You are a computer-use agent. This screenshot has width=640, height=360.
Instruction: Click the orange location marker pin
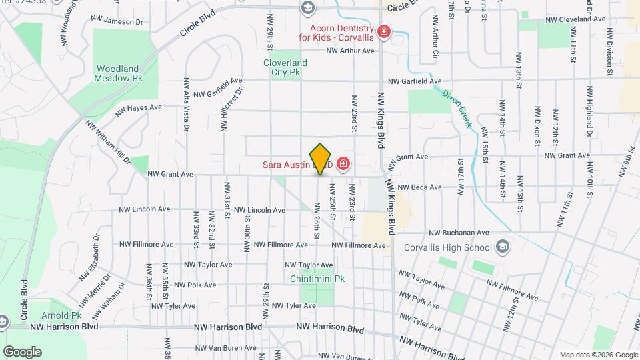321,159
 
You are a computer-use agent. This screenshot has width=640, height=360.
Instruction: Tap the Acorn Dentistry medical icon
384,31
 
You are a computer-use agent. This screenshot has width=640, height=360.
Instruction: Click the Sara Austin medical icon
343,163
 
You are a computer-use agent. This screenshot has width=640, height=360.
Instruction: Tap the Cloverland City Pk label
285,68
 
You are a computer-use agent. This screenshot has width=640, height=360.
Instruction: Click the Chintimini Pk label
317,279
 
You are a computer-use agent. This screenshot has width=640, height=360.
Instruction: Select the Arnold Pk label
67,315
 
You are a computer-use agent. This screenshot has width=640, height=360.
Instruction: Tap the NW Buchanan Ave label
459,233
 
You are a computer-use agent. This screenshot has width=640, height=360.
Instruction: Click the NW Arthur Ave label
351,50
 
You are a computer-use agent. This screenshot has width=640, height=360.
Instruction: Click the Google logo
22,352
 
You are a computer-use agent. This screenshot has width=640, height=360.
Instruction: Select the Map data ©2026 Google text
598,355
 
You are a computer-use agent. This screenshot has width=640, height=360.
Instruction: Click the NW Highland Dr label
589,107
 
